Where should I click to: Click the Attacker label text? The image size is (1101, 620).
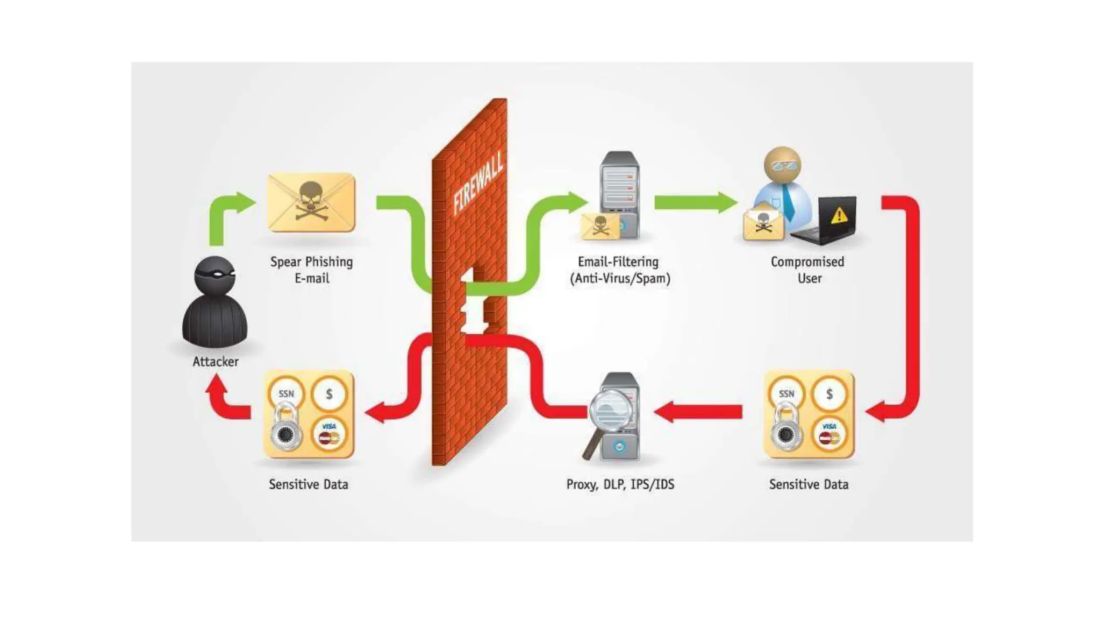pyautogui.click(x=215, y=362)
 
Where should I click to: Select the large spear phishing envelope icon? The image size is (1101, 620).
pyautogui.click(x=311, y=202)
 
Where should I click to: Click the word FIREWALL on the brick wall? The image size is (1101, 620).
pyautogui.click(x=478, y=183)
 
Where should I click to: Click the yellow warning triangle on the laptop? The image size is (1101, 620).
pyautogui.click(x=839, y=215)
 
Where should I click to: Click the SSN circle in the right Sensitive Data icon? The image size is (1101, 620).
pyautogui.click(x=787, y=394)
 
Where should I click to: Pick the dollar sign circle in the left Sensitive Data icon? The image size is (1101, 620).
pyautogui.click(x=329, y=394)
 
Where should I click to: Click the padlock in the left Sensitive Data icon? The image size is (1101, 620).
pyautogui.click(x=285, y=428)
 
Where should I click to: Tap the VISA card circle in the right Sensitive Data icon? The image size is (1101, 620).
pyautogui.click(x=830, y=434)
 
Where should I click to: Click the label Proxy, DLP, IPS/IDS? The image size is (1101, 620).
pyautogui.click(x=620, y=484)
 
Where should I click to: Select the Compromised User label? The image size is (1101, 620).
pyautogui.click(x=807, y=270)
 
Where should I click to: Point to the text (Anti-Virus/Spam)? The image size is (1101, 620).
pyautogui.click(x=620, y=278)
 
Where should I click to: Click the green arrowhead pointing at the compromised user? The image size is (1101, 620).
pyautogui.click(x=727, y=202)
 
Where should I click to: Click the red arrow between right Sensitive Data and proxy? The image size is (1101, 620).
pyautogui.click(x=699, y=412)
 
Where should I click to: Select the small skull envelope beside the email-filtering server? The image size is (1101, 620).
pyautogui.click(x=600, y=225)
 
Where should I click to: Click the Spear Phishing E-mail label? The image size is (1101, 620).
pyautogui.click(x=311, y=270)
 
